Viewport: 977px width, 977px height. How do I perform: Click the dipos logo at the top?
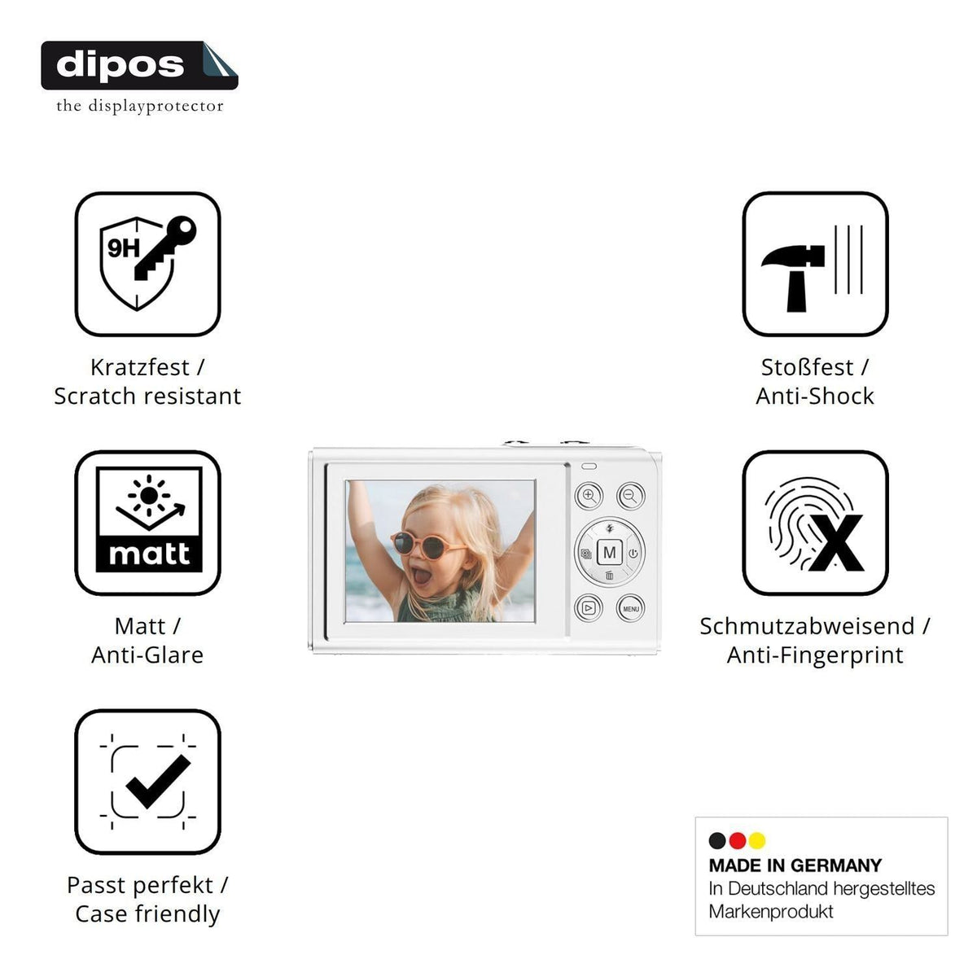coord(139,65)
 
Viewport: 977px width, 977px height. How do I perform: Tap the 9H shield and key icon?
coord(147,264)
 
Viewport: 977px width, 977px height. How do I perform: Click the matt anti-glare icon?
coord(147,523)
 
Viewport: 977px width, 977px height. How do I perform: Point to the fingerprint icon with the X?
coord(815,523)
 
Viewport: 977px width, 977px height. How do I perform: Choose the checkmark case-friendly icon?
coord(147,782)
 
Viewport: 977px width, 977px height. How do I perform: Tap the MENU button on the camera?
coord(631,608)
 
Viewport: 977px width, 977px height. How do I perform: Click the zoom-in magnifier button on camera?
coord(589,496)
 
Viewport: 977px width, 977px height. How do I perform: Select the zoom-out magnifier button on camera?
coord(631,496)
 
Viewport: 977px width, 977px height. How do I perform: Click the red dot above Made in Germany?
coord(737,840)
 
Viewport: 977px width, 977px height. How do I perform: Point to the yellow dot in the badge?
coord(757,840)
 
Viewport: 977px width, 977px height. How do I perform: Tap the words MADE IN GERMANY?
coord(795,865)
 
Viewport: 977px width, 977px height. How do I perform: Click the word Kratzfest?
coord(139,367)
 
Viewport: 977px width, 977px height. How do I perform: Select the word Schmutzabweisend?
coord(807,626)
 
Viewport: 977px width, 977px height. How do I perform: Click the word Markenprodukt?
coord(771,911)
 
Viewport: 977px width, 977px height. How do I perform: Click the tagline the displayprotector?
coord(139,106)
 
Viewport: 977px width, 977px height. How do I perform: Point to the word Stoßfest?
coord(807,367)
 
